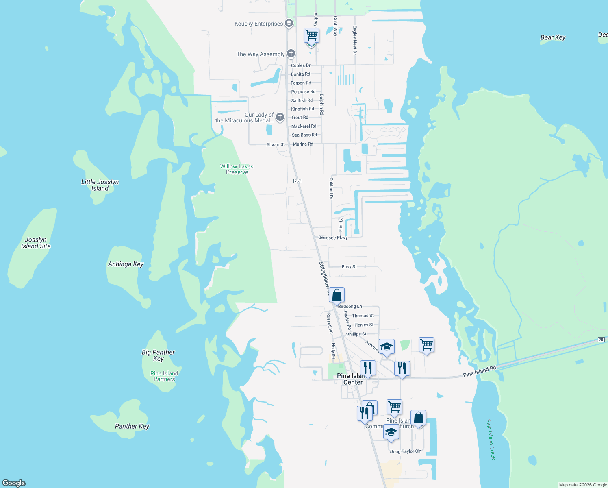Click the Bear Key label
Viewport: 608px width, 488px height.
pos(553,37)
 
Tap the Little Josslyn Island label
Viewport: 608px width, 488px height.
pos(100,185)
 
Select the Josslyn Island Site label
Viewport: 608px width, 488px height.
pos(36,243)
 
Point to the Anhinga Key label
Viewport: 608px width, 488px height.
pos(126,264)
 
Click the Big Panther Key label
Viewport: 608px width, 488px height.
pos(159,355)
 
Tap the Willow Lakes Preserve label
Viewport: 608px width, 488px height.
pos(237,169)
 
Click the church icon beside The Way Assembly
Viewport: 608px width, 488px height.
pos(291,53)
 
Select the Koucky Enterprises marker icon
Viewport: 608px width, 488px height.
pos(289,23)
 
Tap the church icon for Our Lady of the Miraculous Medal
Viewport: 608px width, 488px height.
pos(280,117)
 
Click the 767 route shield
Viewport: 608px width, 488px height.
pos(297,181)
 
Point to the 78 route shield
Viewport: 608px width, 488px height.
pos(601,340)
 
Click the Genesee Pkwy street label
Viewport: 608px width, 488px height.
pos(333,237)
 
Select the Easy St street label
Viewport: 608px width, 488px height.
pos(349,267)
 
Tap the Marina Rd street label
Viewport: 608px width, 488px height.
pos(303,144)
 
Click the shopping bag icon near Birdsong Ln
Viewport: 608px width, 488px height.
pos(337,295)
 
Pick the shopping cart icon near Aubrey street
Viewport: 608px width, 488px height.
pos(312,35)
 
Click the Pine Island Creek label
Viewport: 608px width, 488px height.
pos(491,439)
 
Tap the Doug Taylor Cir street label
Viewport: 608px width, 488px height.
pos(405,451)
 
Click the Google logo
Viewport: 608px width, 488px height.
pos(14,483)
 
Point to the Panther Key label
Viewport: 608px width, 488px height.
pos(132,426)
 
